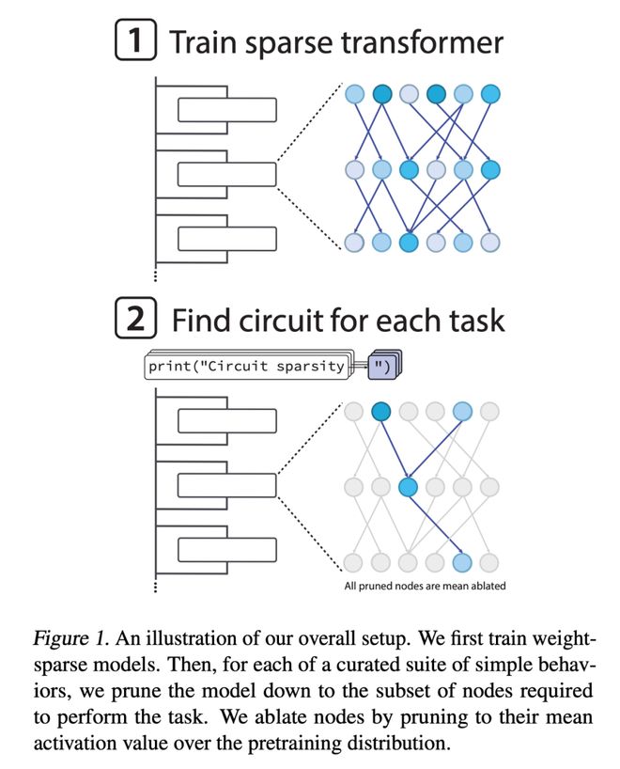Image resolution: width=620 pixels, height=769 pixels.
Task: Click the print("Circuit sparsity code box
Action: pyautogui.click(x=245, y=366)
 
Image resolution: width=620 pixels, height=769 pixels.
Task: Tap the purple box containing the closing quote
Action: pyautogui.click(x=383, y=366)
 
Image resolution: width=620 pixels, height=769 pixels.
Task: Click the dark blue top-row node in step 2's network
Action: pyautogui.click(x=380, y=411)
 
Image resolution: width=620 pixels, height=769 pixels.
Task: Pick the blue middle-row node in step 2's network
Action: pyautogui.click(x=408, y=487)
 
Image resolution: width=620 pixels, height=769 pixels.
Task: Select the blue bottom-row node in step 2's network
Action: pyautogui.click(x=462, y=562)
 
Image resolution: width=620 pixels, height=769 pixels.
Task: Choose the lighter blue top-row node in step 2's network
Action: pyautogui.click(x=462, y=411)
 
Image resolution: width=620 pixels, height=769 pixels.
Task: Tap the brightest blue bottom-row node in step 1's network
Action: pyautogui.click(x=408, y=242)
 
